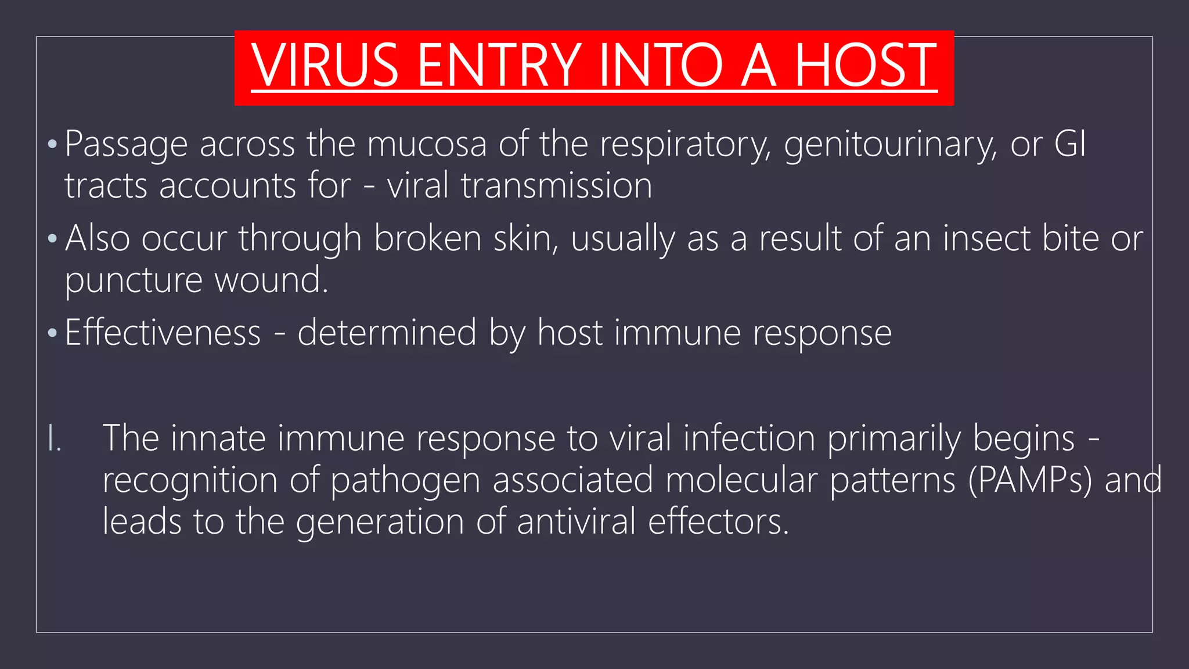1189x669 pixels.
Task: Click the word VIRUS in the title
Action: point(325,65)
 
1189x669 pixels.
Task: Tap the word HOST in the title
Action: point(865,65)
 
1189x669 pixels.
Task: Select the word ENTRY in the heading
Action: point(499,65)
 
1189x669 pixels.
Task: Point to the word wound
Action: point(271,280)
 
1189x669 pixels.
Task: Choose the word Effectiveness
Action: point(163,333)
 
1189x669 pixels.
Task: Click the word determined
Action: point(387,333)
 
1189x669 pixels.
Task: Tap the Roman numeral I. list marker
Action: point(54,438)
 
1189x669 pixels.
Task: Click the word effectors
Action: point(718,521)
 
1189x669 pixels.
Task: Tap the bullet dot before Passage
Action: point(52,143)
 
